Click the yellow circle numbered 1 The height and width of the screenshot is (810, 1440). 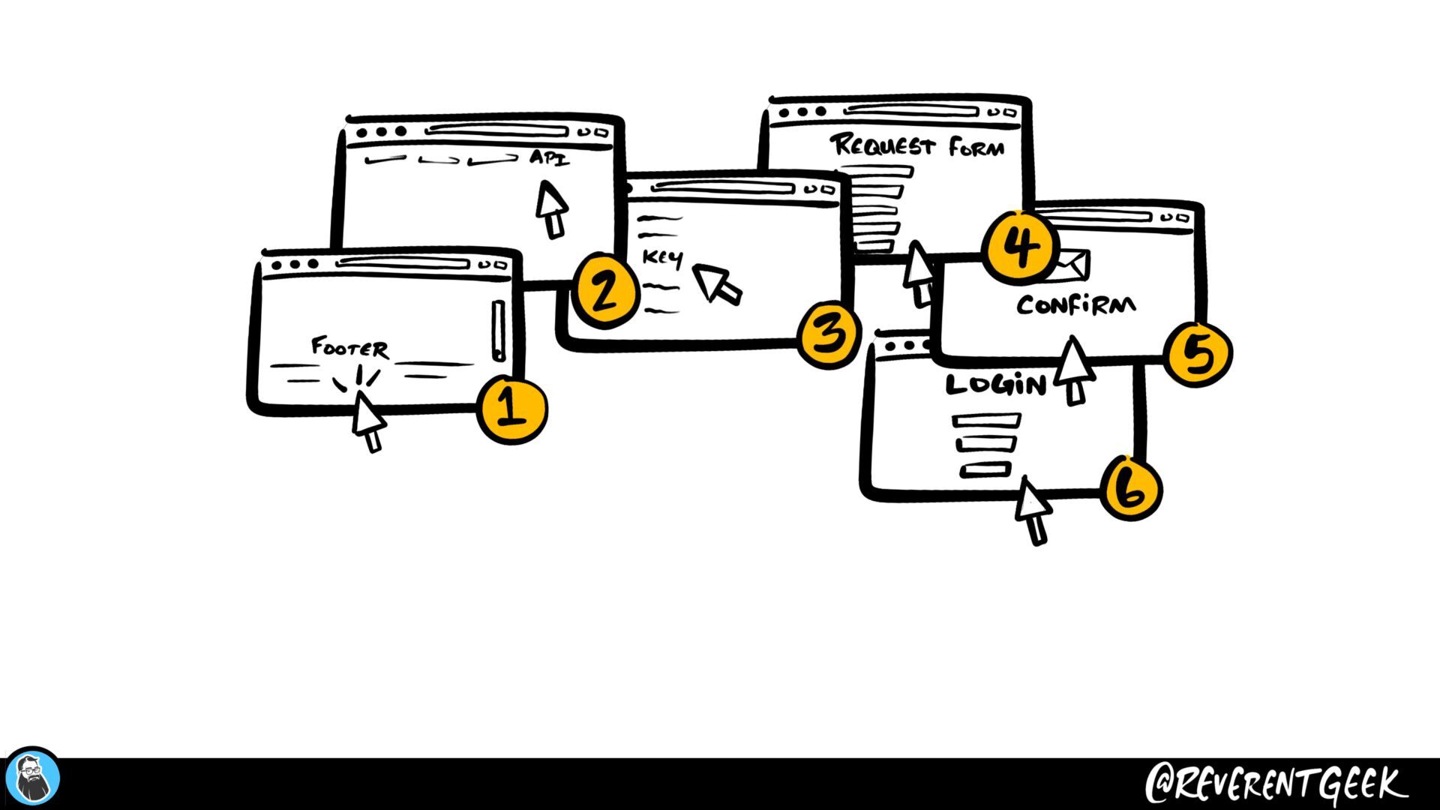click(x=513, y=409)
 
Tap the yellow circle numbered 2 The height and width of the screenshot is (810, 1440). click(x=605, y=291)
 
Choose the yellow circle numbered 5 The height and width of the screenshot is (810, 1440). click(x=1198, y=354)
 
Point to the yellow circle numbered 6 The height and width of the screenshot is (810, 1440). click(x=1130, y=488)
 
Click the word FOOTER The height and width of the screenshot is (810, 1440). click(x=349, y=348)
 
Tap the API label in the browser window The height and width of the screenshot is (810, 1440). click(x=549, y=158)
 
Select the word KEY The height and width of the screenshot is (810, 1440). click(x=663, y=258)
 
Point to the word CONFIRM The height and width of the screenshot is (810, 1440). click(x=1075, y=305)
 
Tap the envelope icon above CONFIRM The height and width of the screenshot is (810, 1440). click(x=1072, y=264)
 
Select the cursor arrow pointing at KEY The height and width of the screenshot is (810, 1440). click(x=716, y=283)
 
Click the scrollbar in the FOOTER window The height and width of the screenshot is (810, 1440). click(x=499, y=331)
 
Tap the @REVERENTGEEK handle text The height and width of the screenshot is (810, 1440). click(x=1275, y=784)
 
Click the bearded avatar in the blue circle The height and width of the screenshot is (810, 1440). click(x=32, y=778)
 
